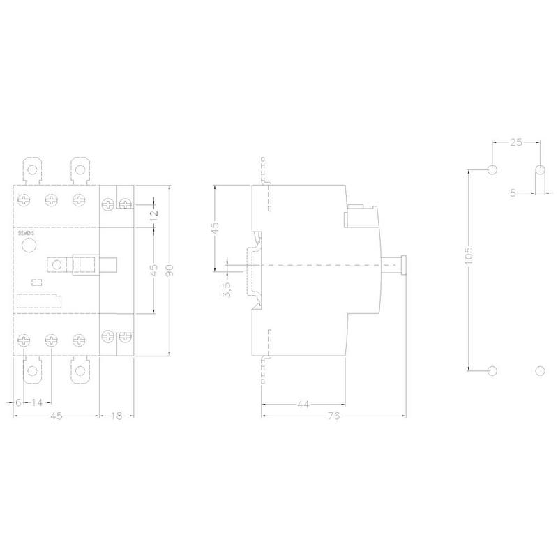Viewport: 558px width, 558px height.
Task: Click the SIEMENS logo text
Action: point(26,234)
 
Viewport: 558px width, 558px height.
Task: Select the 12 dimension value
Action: point(153,216)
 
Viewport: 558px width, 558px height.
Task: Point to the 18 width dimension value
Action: point(116,416)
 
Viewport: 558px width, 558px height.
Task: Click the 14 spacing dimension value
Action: point(37,402)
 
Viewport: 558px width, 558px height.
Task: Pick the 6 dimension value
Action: point(18,402)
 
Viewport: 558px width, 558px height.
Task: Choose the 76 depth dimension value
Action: point(334,416)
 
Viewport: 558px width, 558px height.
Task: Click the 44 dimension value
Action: point(303,405)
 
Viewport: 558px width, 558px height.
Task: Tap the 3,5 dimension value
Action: point(227,289)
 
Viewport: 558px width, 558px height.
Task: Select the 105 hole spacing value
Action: point(469,255)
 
